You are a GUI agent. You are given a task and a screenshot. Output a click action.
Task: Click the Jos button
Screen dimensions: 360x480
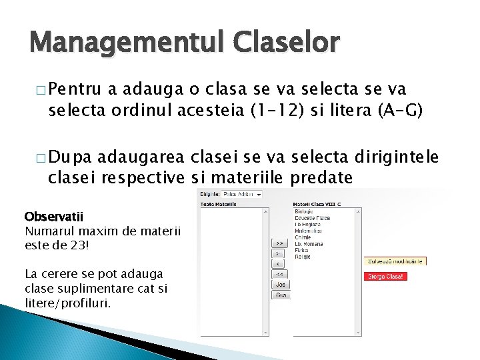click(280, 284)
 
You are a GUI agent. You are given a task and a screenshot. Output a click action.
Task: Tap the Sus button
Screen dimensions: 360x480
click(280, 295)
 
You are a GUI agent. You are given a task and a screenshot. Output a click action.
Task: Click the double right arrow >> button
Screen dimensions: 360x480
click(280, 243)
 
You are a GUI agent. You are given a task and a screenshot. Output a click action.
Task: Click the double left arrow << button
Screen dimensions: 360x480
click(280, 274)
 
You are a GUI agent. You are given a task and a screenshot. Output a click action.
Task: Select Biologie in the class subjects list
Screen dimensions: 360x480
click(305, 212)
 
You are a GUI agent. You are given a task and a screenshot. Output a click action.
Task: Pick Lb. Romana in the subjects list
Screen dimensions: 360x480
click(309, 243)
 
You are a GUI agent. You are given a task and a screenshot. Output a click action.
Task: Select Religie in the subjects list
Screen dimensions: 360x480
click(303, 256)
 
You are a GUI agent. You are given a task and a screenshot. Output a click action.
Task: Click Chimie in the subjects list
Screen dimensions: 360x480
click(303, 237)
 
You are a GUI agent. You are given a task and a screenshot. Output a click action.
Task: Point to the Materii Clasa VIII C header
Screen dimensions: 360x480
click(317, 204)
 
